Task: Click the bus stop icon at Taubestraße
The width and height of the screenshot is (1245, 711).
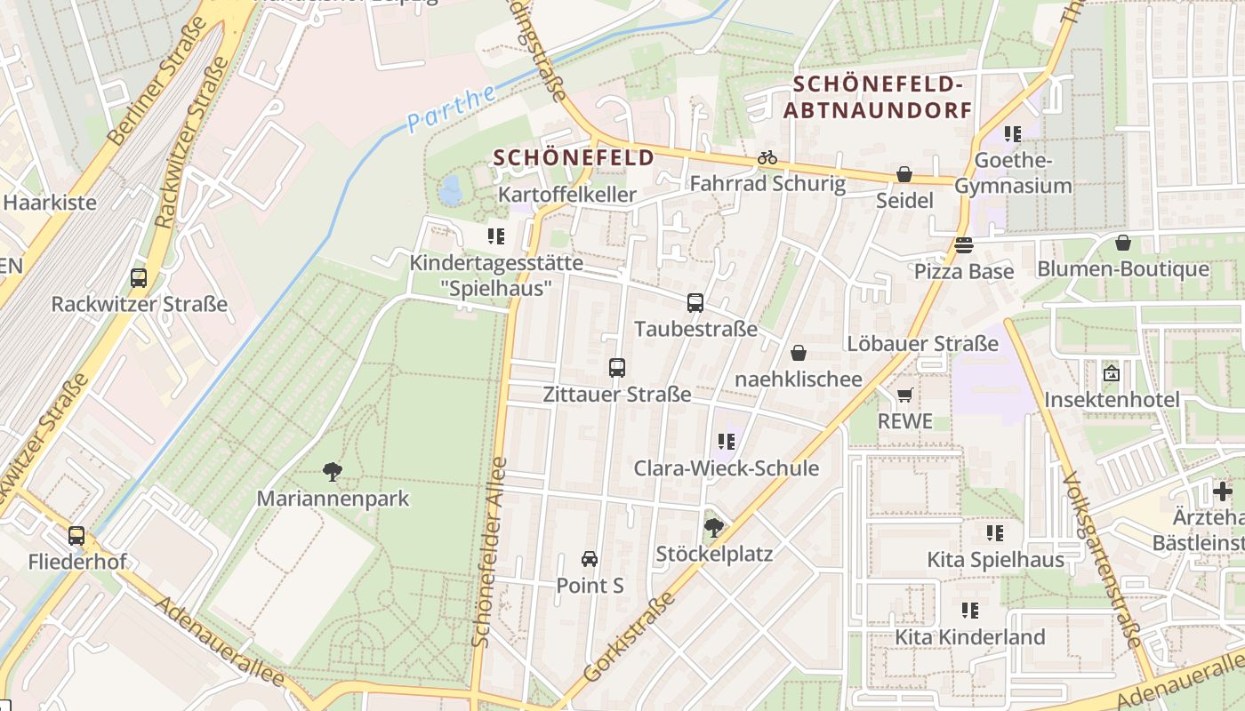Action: point(695,303)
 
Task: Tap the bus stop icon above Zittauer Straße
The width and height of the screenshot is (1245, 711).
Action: point(616,367)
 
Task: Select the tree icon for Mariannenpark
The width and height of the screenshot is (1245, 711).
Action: point(333,472)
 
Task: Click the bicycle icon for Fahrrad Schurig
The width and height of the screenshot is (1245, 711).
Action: point(767,158)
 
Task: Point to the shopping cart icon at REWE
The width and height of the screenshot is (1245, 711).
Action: point(905,395)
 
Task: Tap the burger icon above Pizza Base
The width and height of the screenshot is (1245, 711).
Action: point(964,244)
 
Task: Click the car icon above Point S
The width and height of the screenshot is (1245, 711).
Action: point(589,559)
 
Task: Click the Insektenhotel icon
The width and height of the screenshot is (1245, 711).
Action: point(1111,373)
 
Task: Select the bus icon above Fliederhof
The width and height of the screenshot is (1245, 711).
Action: point(76,536)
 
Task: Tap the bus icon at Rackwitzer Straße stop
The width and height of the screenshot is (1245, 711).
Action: point(139,277)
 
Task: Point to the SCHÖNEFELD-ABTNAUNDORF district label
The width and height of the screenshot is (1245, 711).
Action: point(878,98)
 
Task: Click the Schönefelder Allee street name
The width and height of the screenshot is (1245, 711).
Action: point(488,551)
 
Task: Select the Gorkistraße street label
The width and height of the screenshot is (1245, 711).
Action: point(630,636)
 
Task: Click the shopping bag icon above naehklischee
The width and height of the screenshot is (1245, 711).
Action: point(799,353)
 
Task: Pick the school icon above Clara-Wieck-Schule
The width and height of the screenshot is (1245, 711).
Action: point(726,442)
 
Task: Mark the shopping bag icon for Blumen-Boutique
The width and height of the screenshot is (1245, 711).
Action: point(1123,243)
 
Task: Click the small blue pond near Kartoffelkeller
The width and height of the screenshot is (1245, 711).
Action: point(451,189)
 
